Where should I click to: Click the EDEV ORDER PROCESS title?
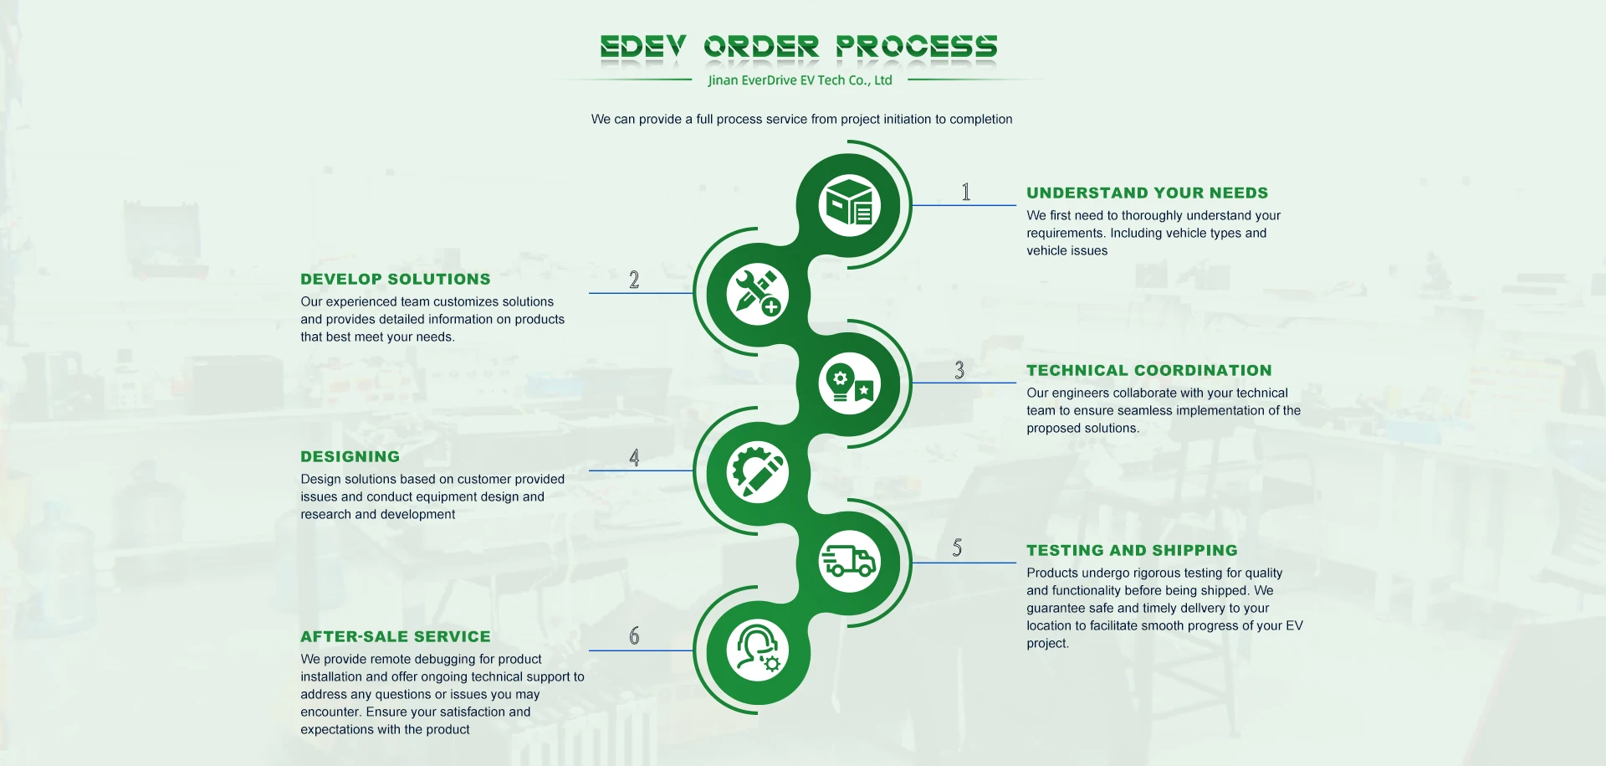coord(799,47)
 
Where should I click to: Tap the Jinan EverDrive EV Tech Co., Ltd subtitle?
coord(800,80)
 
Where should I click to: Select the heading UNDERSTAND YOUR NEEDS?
coord(1147,193)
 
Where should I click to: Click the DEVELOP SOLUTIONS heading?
coord(396,280)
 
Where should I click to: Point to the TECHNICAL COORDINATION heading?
coord(1148,371)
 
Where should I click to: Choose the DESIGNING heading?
coord(350,457)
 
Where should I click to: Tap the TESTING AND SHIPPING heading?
coord(1132,551)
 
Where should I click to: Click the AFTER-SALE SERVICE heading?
coord(396,637)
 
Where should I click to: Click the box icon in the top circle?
coord(849,206)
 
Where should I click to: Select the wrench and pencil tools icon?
coord(758,295)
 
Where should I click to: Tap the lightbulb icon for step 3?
coord(849,384)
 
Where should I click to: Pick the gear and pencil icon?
coord(758,473)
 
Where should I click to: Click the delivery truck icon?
coord(849,562)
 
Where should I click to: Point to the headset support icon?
coord(758,650)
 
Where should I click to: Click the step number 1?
coord(966,193)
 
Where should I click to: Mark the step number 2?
coord(634,280)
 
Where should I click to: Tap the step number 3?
coord(959,370)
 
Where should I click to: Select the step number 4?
coord(634,458)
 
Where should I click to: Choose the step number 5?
coord(957,548)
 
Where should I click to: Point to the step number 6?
coord(634,636)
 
